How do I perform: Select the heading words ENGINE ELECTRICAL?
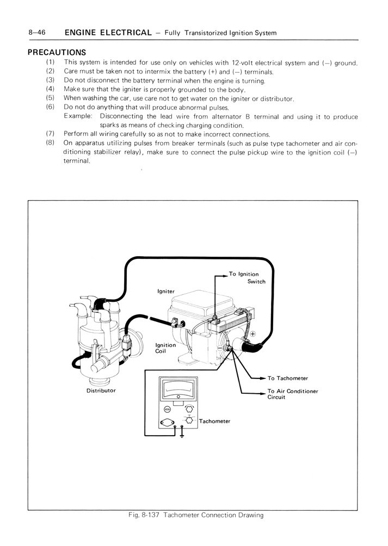[x=108, y=33]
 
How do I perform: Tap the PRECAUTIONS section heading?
[x=57, y=53]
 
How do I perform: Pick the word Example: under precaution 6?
[x=79, y=117]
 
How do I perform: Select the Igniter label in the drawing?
[x=166, y=291]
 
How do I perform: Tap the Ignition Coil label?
[x=165, y=349]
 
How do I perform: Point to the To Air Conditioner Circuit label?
[x=292, y=394]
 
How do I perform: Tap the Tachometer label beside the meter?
[x=214, y=421]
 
